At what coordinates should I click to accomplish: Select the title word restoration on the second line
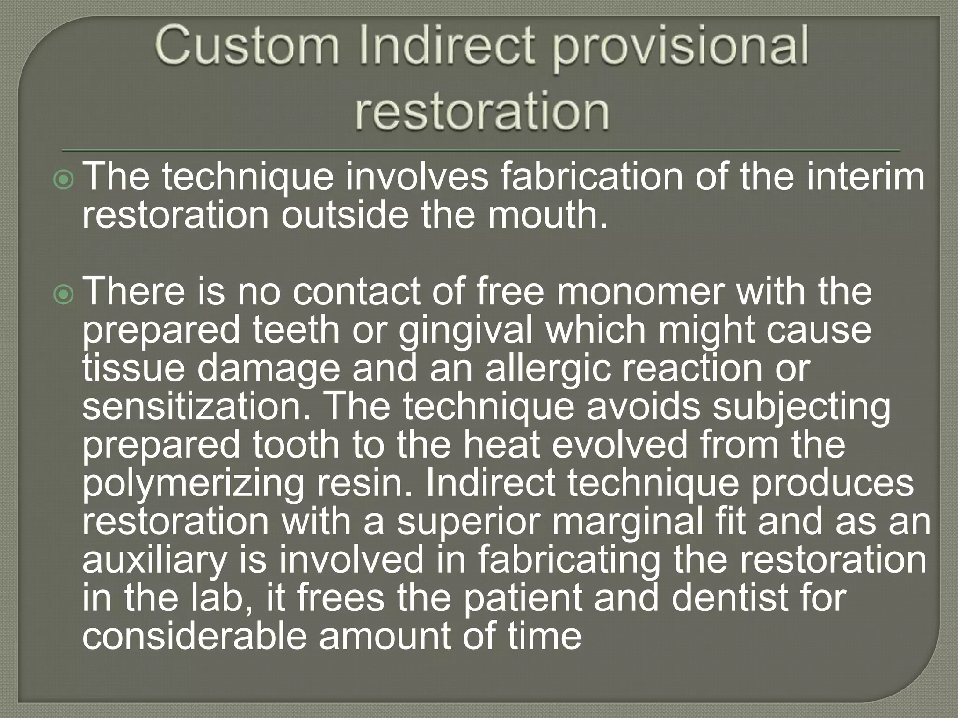pyautogui.click(x=482, y=113)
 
